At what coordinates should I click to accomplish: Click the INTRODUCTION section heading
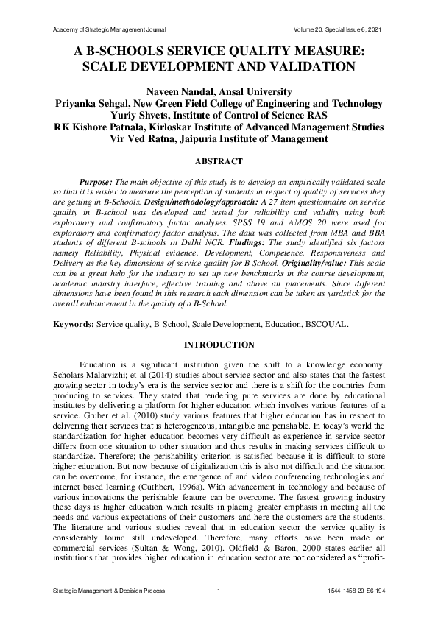point(219,344)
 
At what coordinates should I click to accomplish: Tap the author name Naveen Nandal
point(219,92)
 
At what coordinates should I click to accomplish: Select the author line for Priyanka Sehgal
point(219,104)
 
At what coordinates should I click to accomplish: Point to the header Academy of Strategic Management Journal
point(110,29)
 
